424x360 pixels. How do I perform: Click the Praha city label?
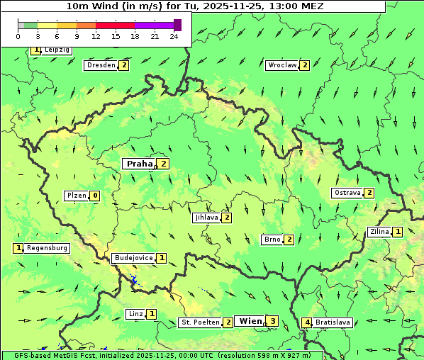(x=139, y=164)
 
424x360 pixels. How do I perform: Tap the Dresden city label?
(x=101, y=65)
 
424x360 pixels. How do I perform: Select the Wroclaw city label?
(x=282, y=65)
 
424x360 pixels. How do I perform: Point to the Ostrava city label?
(x=347, y=193)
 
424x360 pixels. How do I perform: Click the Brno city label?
(x=272, y=240)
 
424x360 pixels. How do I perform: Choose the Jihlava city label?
(x=206, y=218)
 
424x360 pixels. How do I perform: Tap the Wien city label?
(x=250, y=321)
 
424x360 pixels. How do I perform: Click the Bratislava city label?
(x=333, y=322)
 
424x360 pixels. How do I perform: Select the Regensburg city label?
(x=47, y=248)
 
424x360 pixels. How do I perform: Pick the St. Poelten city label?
(x=200, y=322)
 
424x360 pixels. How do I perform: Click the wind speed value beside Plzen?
(x=94, y=196)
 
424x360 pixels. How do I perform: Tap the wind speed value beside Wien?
(x=272, y=322)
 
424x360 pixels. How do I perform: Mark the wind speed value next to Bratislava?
(x=306, y=322)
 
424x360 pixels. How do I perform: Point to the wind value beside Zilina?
(x=398, y=232)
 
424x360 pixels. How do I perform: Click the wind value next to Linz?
(x=152, y=314)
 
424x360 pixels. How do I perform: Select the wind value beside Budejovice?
(x=162, y=258)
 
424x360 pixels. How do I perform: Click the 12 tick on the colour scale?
(x=95, y=36)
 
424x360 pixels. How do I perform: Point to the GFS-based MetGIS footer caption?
(x=162, y=355)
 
